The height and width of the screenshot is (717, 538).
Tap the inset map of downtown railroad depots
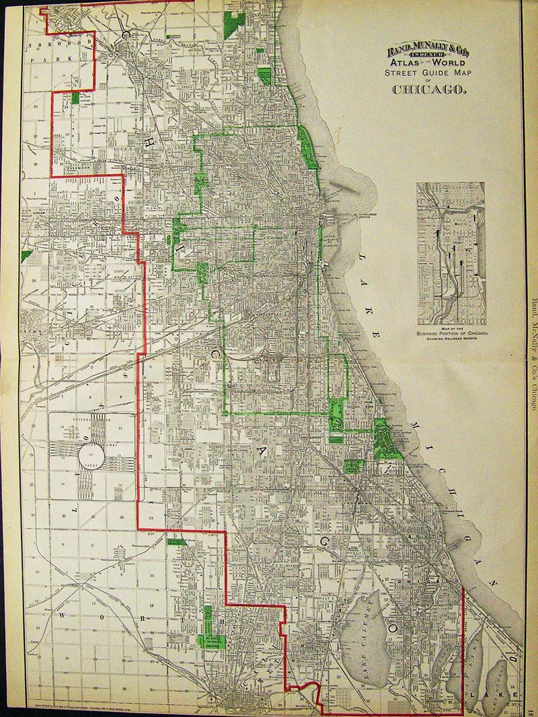click(x=451, y=253)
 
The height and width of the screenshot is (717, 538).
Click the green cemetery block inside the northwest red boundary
click(x=75, y=98)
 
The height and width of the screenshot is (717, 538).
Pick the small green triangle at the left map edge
click(x=26, y=256)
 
